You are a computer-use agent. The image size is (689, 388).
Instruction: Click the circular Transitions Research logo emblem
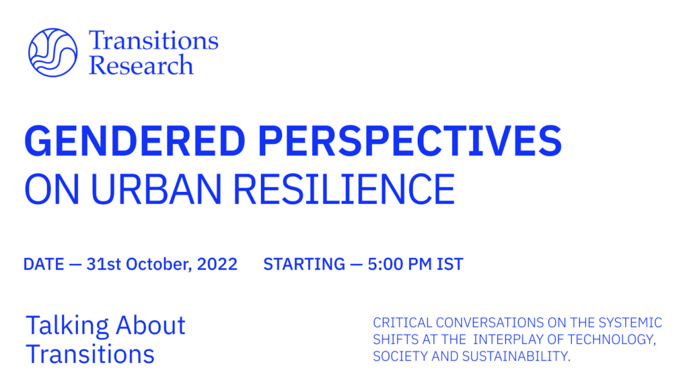point(52,53)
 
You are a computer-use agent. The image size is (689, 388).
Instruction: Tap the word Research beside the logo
point(141,65)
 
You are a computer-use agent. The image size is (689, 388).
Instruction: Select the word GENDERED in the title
point(135,141)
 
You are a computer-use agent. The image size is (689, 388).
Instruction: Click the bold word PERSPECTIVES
point(410,141)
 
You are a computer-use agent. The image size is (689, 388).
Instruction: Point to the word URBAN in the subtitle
point(156,189)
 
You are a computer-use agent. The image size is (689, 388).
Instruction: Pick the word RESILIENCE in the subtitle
point(344,189)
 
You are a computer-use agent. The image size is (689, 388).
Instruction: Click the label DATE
point(44,264)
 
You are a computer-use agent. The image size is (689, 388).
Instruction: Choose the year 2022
point(217,264)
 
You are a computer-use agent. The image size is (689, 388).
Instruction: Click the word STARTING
point(304,264)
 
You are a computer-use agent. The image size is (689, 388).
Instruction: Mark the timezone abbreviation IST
point(450,264)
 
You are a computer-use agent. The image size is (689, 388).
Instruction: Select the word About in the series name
point(151,325)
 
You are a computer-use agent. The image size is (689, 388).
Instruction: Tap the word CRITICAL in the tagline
point(402,323)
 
